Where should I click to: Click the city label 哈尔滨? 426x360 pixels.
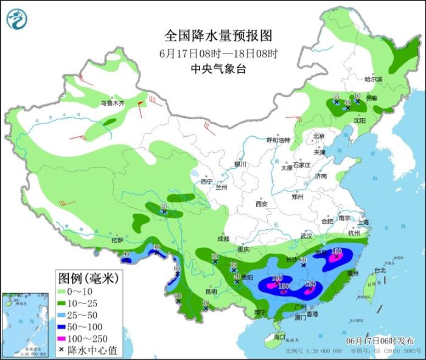pos(373,79)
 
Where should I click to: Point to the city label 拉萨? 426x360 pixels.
pos(117,241)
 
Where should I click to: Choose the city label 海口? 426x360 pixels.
pos(279,336)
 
